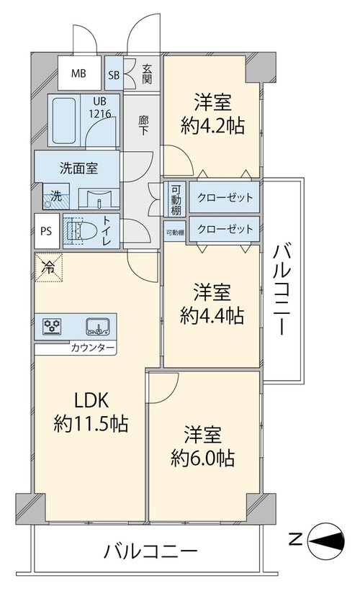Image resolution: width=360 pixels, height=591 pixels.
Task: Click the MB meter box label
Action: [78, 73]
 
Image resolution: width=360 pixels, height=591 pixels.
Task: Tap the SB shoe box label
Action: [114, 75]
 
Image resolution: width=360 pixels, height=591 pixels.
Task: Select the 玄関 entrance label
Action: [147, 74]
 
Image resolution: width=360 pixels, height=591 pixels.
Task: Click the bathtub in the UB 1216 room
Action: [63, 121]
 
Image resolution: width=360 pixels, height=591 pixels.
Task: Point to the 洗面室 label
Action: [78, 168]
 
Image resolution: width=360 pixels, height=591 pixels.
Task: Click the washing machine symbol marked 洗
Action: [55, 196]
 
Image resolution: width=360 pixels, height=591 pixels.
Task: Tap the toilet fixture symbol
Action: [81, 230]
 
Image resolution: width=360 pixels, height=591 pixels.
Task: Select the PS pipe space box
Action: [47, 231]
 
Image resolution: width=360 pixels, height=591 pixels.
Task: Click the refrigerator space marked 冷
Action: [49, 268]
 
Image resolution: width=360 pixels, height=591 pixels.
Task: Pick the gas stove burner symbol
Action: [52, 326]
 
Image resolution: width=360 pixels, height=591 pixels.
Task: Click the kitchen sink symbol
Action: [98, 327]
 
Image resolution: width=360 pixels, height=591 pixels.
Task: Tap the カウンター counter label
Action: [92, 348]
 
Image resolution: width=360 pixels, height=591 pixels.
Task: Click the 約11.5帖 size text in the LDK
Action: [91, 424]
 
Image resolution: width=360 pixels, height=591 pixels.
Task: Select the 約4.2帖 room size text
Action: [212, 125]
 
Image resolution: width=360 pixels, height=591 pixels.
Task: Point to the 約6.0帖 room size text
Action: [202, 458]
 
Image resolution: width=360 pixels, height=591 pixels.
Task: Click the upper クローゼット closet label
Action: [225, 198]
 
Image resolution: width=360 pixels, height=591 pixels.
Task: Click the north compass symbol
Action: [326, 541]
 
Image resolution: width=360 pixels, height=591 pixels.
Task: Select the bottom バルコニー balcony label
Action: [150, 552]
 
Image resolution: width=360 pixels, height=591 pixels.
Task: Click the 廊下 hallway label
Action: [143, 126]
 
